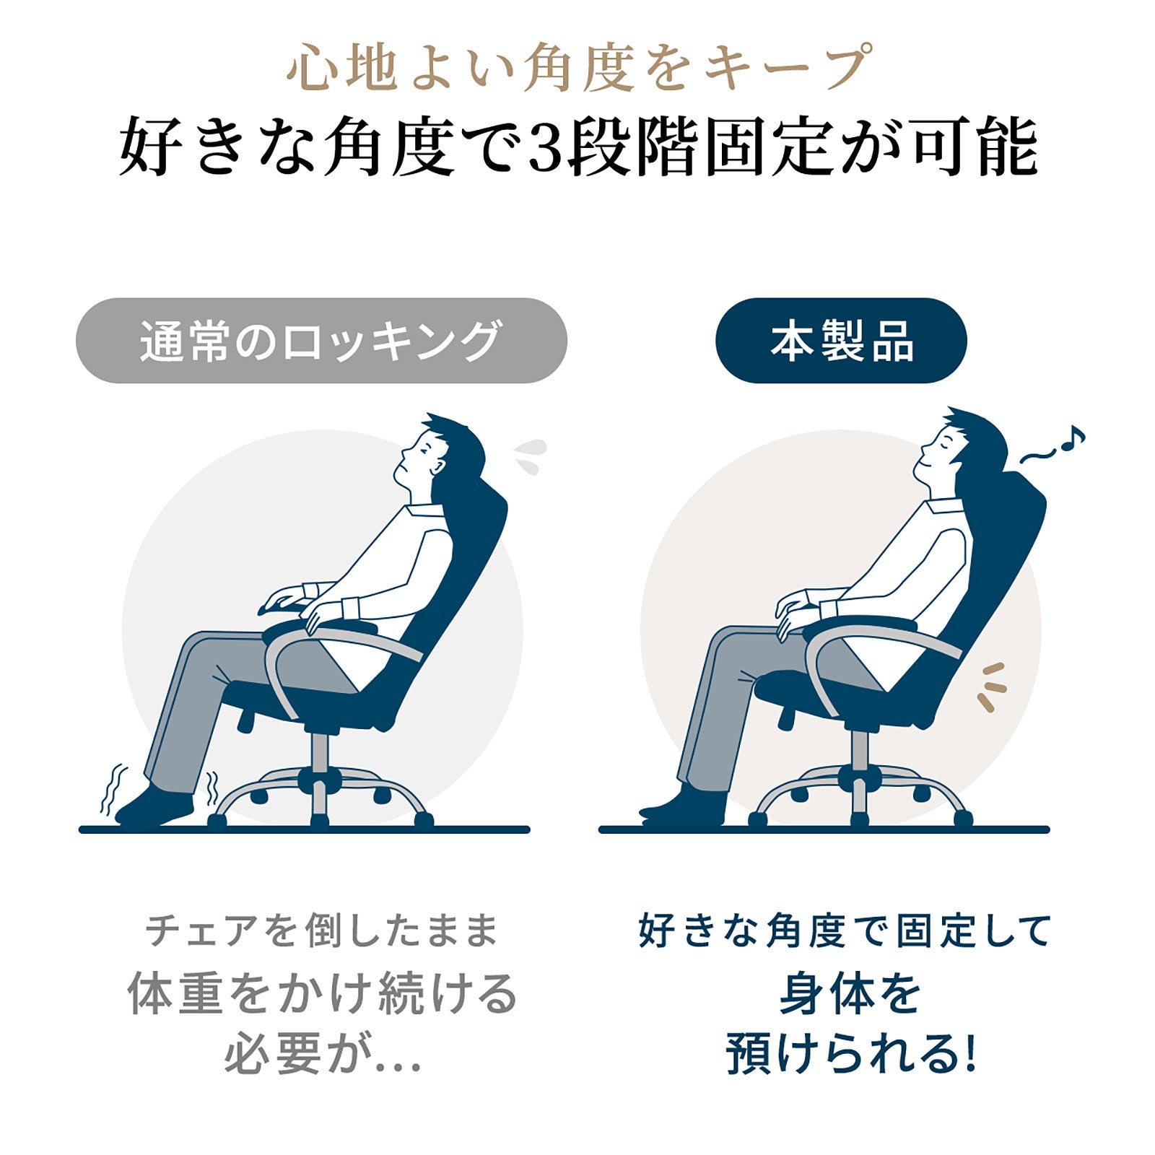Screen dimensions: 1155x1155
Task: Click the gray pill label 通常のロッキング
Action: [321, 341]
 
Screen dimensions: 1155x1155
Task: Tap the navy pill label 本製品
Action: [841, 341]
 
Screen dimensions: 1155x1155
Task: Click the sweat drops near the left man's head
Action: [531, 456]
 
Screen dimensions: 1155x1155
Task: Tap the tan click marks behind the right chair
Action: [990, 687]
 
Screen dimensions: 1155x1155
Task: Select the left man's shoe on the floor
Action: [155, 806]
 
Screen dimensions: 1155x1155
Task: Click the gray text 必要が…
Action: [323, 1055]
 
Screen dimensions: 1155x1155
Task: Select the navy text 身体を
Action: [850, 994]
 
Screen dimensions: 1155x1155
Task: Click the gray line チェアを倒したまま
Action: [322, 930]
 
